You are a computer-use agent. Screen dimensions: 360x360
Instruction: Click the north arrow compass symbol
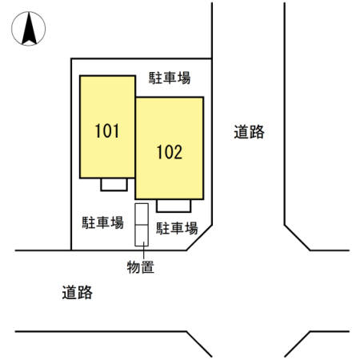(29, 29)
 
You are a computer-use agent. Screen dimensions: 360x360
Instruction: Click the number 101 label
(107, 131)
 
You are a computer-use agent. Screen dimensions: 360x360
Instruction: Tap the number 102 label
(170, 152)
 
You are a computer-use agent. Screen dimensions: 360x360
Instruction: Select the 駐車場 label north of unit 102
(170, 78)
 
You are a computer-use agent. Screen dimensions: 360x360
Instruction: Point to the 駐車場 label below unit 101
(102, 222)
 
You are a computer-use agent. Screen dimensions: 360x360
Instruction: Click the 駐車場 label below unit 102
(177, 228)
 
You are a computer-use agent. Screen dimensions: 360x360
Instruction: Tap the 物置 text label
(141, 267)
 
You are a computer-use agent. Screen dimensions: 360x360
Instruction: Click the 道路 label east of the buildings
(249, 132)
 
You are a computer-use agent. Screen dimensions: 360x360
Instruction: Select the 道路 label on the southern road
(78, 293)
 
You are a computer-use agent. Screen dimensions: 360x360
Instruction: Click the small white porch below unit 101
(114, 185)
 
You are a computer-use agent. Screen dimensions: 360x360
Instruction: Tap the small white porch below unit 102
(174, 206)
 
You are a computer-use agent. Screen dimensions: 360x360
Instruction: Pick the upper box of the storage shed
(142, 214)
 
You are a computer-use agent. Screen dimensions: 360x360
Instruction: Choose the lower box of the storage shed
(142, 235)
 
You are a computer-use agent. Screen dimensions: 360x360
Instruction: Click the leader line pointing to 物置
(144, 250)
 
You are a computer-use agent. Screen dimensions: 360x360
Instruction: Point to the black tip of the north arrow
(30, 14)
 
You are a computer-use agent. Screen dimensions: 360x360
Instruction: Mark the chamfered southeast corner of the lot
(199, 238)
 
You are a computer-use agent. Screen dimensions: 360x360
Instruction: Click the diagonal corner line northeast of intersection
(297, 238)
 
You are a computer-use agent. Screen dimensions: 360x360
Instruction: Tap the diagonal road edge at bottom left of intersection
(199, 344)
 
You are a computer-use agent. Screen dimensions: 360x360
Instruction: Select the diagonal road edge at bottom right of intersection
(297, 344)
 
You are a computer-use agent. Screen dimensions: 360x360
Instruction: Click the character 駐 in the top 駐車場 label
(155, 78)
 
